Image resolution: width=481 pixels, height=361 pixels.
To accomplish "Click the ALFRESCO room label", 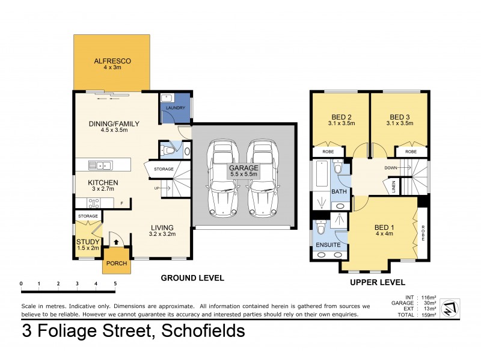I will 112,61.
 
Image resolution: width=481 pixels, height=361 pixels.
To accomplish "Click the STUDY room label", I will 88,242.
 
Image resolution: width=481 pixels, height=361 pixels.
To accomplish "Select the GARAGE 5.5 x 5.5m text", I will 244,171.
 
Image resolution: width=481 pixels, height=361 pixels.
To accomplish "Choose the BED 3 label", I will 400,117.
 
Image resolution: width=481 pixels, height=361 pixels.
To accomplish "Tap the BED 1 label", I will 385,227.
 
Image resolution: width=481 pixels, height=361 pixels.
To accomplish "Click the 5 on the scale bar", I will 114,283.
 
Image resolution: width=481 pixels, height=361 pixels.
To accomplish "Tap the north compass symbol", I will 449,309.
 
